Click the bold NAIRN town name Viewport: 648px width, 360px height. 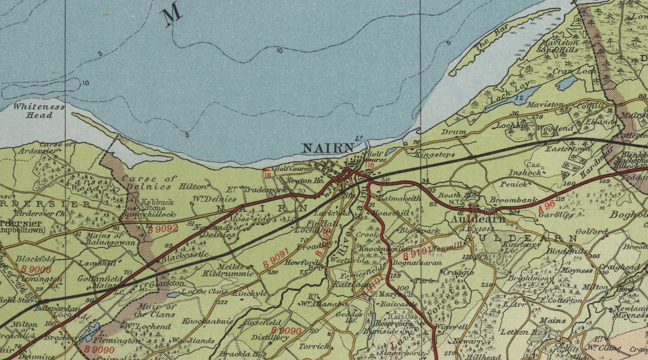pos(328,148)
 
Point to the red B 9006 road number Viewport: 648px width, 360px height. pos(36,269)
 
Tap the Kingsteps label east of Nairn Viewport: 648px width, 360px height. pos(435,155)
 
